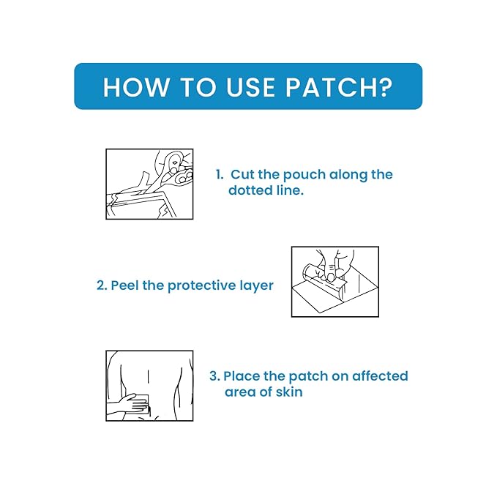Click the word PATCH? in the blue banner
point(339,87)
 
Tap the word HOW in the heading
point(136,87)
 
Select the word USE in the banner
point(250,87)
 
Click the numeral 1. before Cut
point(220,174)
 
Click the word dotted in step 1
point(250,190)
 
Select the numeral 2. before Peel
point(102,285)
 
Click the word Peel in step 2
point(125,285)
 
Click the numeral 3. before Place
point(214,376)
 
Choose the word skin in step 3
point(289,392)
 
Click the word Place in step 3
point(242,376)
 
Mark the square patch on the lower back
point(142,404)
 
